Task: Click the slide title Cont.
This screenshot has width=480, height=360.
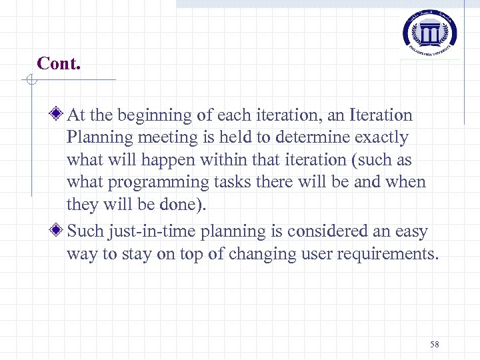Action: point(59,63)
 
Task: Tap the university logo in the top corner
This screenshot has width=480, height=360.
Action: point(431,31)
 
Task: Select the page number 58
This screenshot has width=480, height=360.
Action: point(435,344)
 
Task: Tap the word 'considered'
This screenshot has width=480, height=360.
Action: point(317,231)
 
